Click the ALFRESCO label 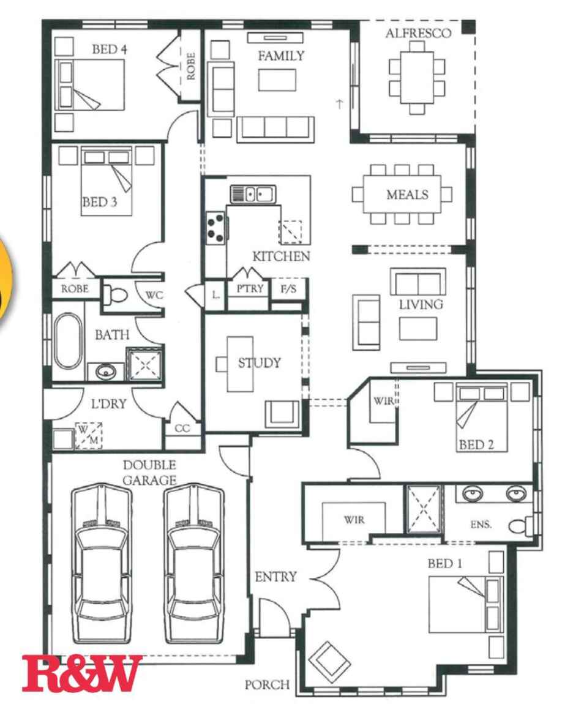(x=418, y=33)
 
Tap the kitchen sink (x=253, y=194)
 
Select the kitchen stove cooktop (x=215, y=228)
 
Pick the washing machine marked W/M (x=89, y=435)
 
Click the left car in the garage (x=102, y=563)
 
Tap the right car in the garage (x=194, y=563)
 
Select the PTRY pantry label (x=250, y=288)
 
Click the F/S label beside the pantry (x=289, y=289)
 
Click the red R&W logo (x=81, y=673)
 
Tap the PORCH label (x=267, y=685)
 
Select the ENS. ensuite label (x=481, y=524)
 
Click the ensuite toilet (x=521, y=525)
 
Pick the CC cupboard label (x=182, y=429)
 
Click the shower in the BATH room (x=145, y=364)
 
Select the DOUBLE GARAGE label (x=149, y=473)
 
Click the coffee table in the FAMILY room (x=277, y=80)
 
